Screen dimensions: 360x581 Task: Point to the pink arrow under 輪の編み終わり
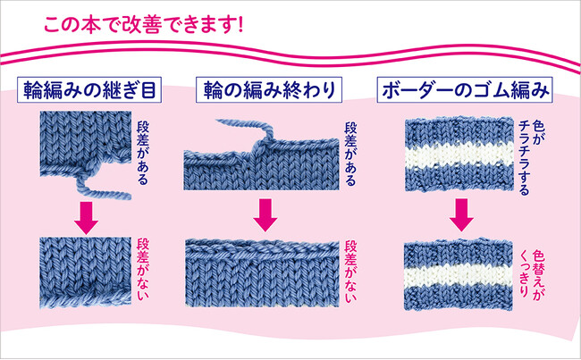(x=264, y=213)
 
